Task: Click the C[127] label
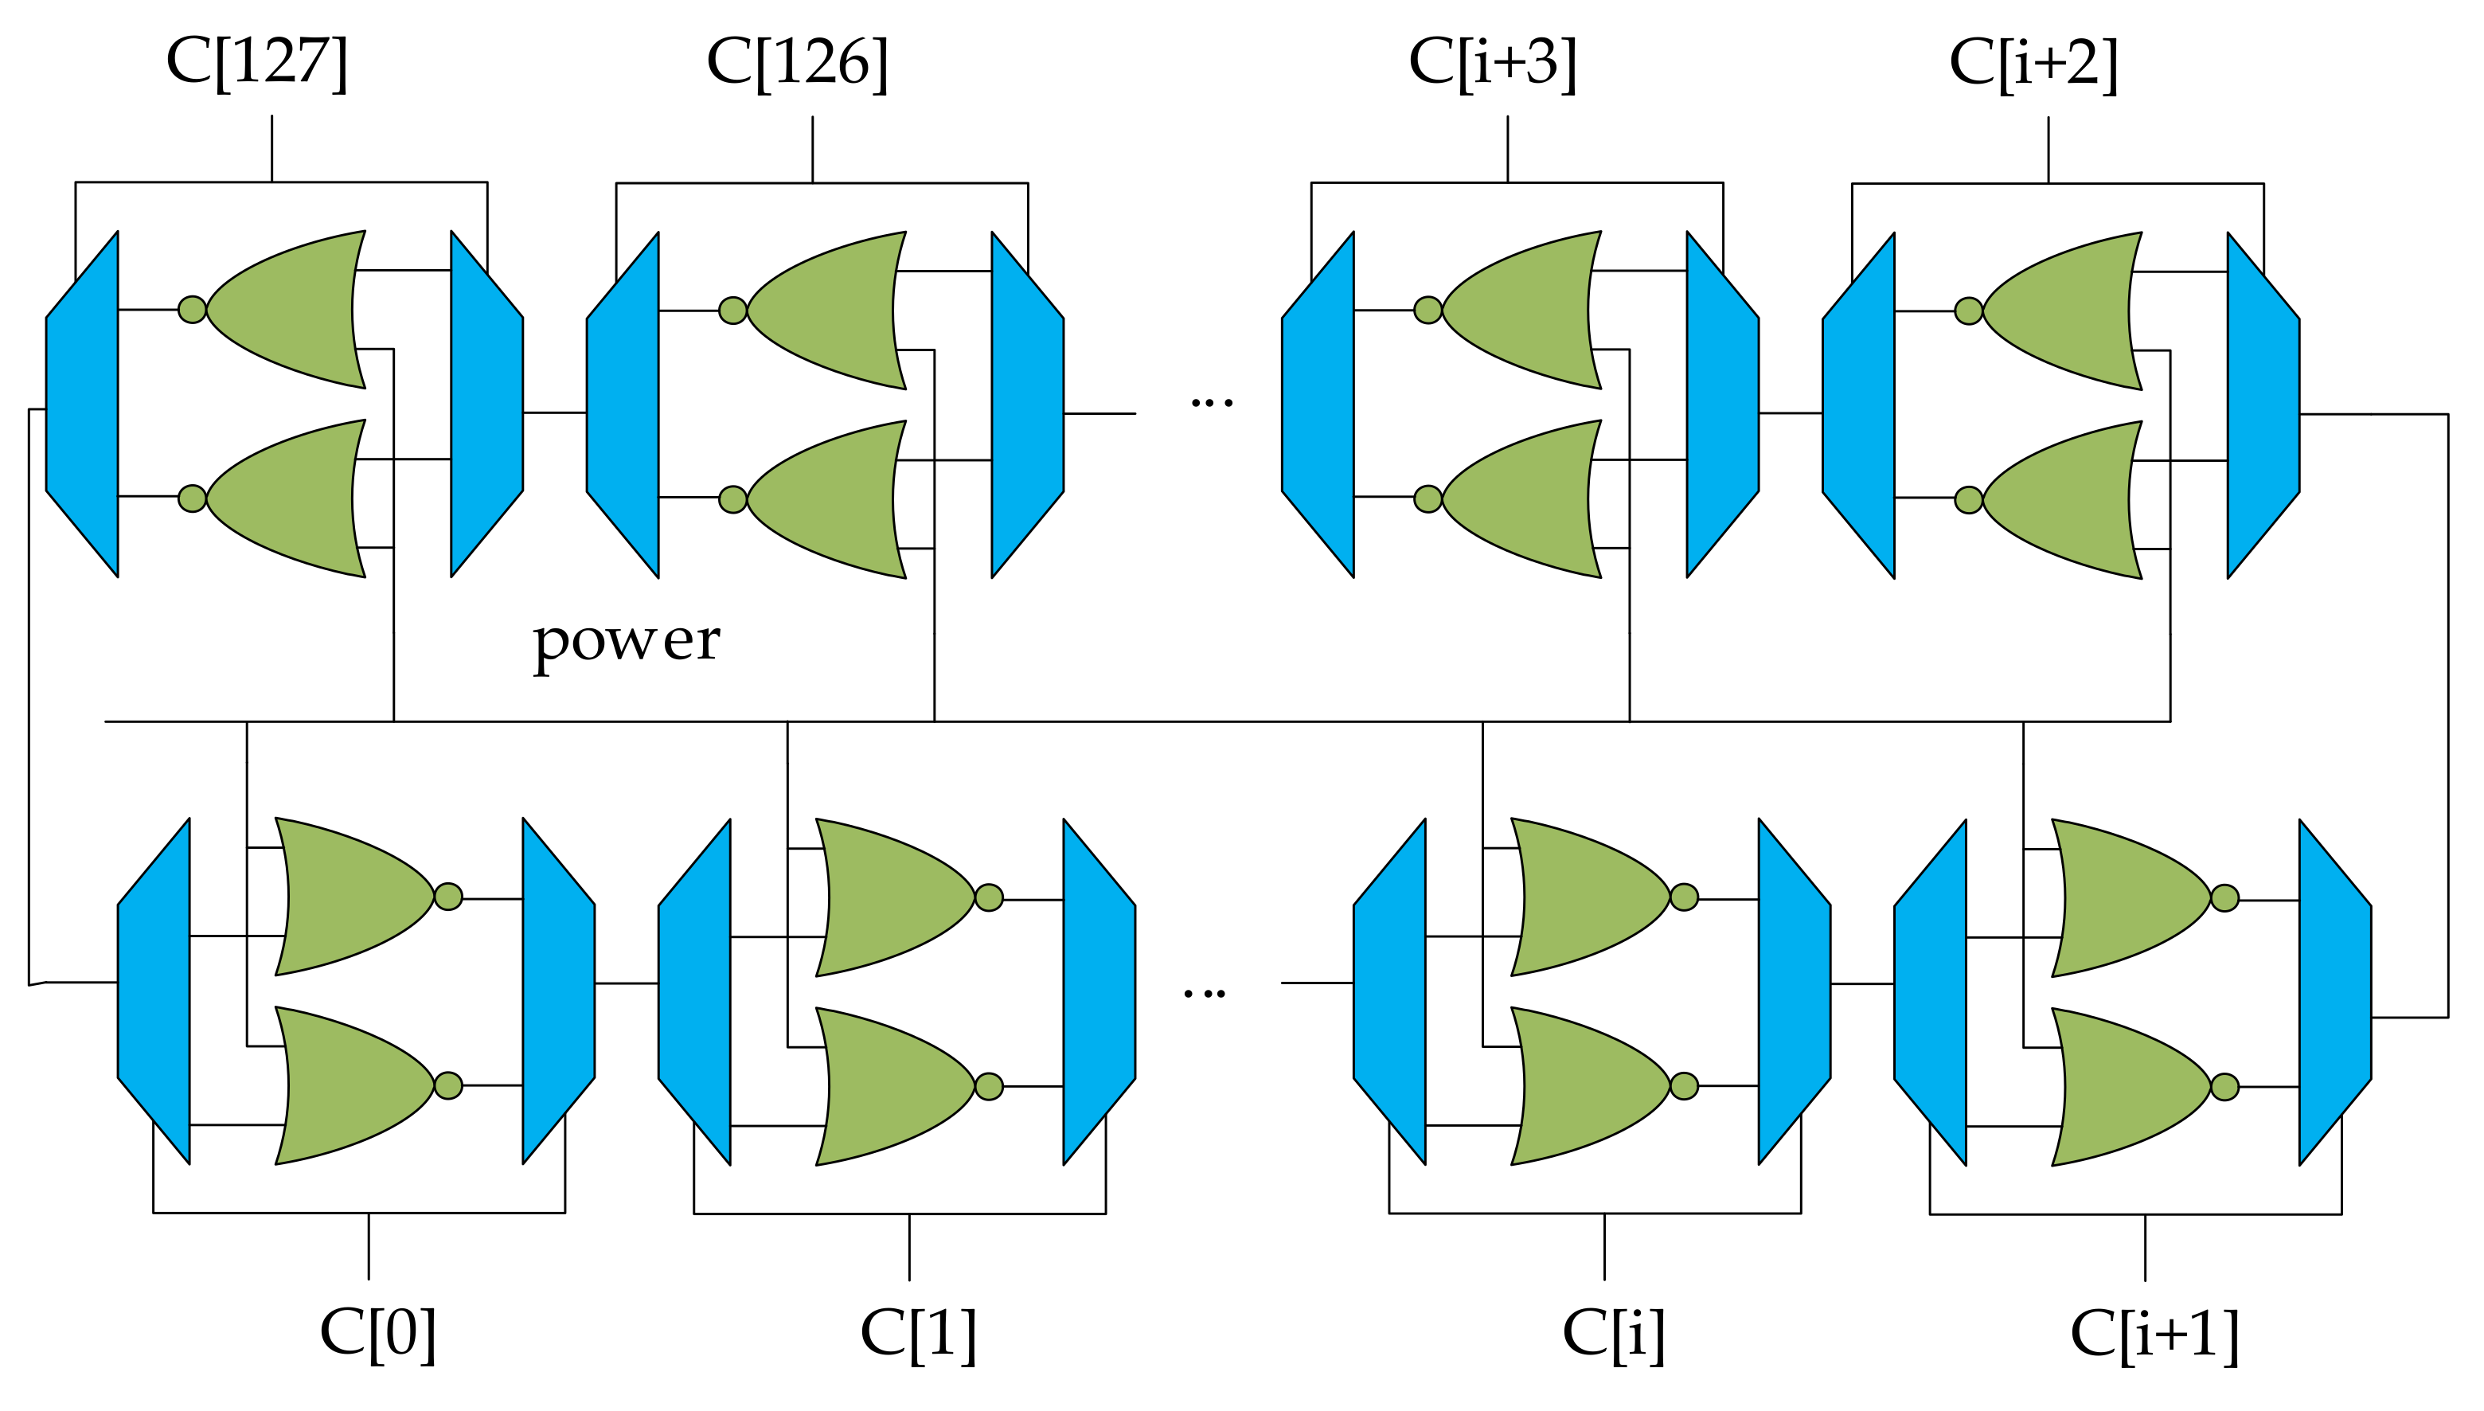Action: tap(256, 63)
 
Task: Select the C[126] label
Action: tap(797, 63)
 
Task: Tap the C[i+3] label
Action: tap(1493, 63)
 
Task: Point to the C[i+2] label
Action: tap(2033, 63)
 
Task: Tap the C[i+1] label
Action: tap(2154, 1335)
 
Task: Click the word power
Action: tap(627, 640)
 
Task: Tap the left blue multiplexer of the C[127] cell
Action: tap(82, 405)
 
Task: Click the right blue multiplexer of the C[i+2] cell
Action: tap(2263, 405)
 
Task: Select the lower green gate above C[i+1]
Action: tap(2131, 1086)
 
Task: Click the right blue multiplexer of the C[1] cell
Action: tap(1099, 991)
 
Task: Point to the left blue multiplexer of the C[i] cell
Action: tap(1389, 991)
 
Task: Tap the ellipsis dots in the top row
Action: tap(1211, 401)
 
